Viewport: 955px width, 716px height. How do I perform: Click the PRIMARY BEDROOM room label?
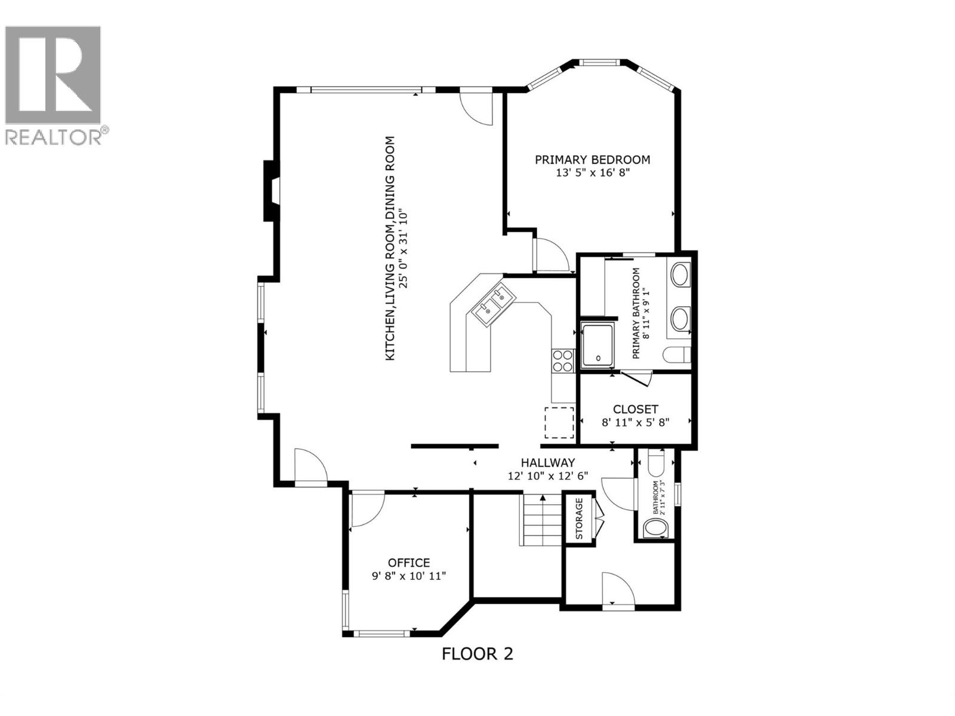point(592,160)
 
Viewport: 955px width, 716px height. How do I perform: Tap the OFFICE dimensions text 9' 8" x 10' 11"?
point(409,576)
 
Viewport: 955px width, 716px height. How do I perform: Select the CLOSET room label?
point(635,409)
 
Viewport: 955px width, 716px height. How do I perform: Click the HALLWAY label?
point(547,462)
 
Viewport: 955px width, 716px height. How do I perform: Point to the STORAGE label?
point(579,519)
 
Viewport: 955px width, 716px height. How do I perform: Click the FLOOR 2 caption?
point(478,654)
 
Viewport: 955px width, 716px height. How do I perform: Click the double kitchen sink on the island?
point(492,301)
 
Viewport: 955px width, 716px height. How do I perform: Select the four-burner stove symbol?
point(562,360)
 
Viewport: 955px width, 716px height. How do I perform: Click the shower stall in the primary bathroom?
point(597,345)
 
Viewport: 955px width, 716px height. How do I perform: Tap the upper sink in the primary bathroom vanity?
point(680,276)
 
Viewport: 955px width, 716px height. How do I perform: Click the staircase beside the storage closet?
point(541,520)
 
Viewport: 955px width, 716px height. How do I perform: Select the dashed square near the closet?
point(559,422)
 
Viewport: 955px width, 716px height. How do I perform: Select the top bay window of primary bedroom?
point(600,61)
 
